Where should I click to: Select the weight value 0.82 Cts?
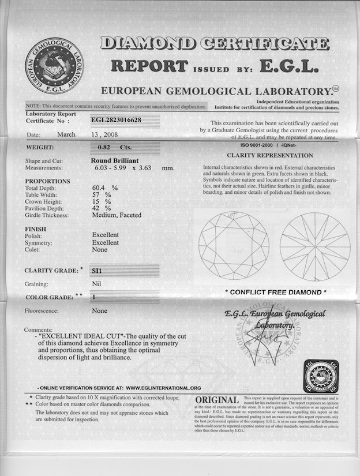[x=115, y=147]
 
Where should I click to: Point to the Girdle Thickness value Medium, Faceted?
[x=117, y=215]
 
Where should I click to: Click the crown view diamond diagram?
[x=234, y=246]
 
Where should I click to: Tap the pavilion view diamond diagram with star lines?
[x=315, y=246]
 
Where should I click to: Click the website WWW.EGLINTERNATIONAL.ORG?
[x=163, y=388]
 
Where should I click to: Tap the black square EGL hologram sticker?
[x=321, y=377]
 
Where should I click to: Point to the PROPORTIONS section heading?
[x=48, y=181]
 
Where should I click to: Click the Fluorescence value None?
[x=100, y=311]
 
